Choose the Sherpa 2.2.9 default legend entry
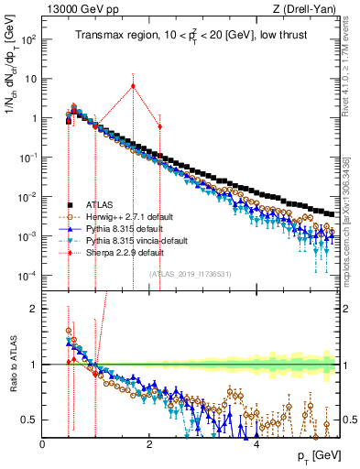point(124,251)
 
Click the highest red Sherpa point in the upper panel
point(133,86)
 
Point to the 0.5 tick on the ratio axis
point(31,420)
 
